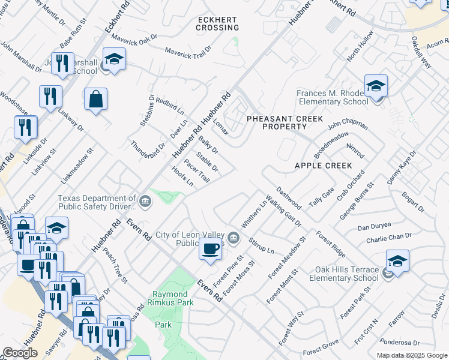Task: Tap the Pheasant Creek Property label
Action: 277,122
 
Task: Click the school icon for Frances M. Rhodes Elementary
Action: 376,86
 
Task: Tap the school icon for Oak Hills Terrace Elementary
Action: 397,261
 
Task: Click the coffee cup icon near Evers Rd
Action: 210,248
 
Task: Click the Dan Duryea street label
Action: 375,227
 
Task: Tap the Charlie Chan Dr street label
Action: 390,239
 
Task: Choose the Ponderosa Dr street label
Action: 399,343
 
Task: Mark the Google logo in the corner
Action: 20,353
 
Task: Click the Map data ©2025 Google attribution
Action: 412,355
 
